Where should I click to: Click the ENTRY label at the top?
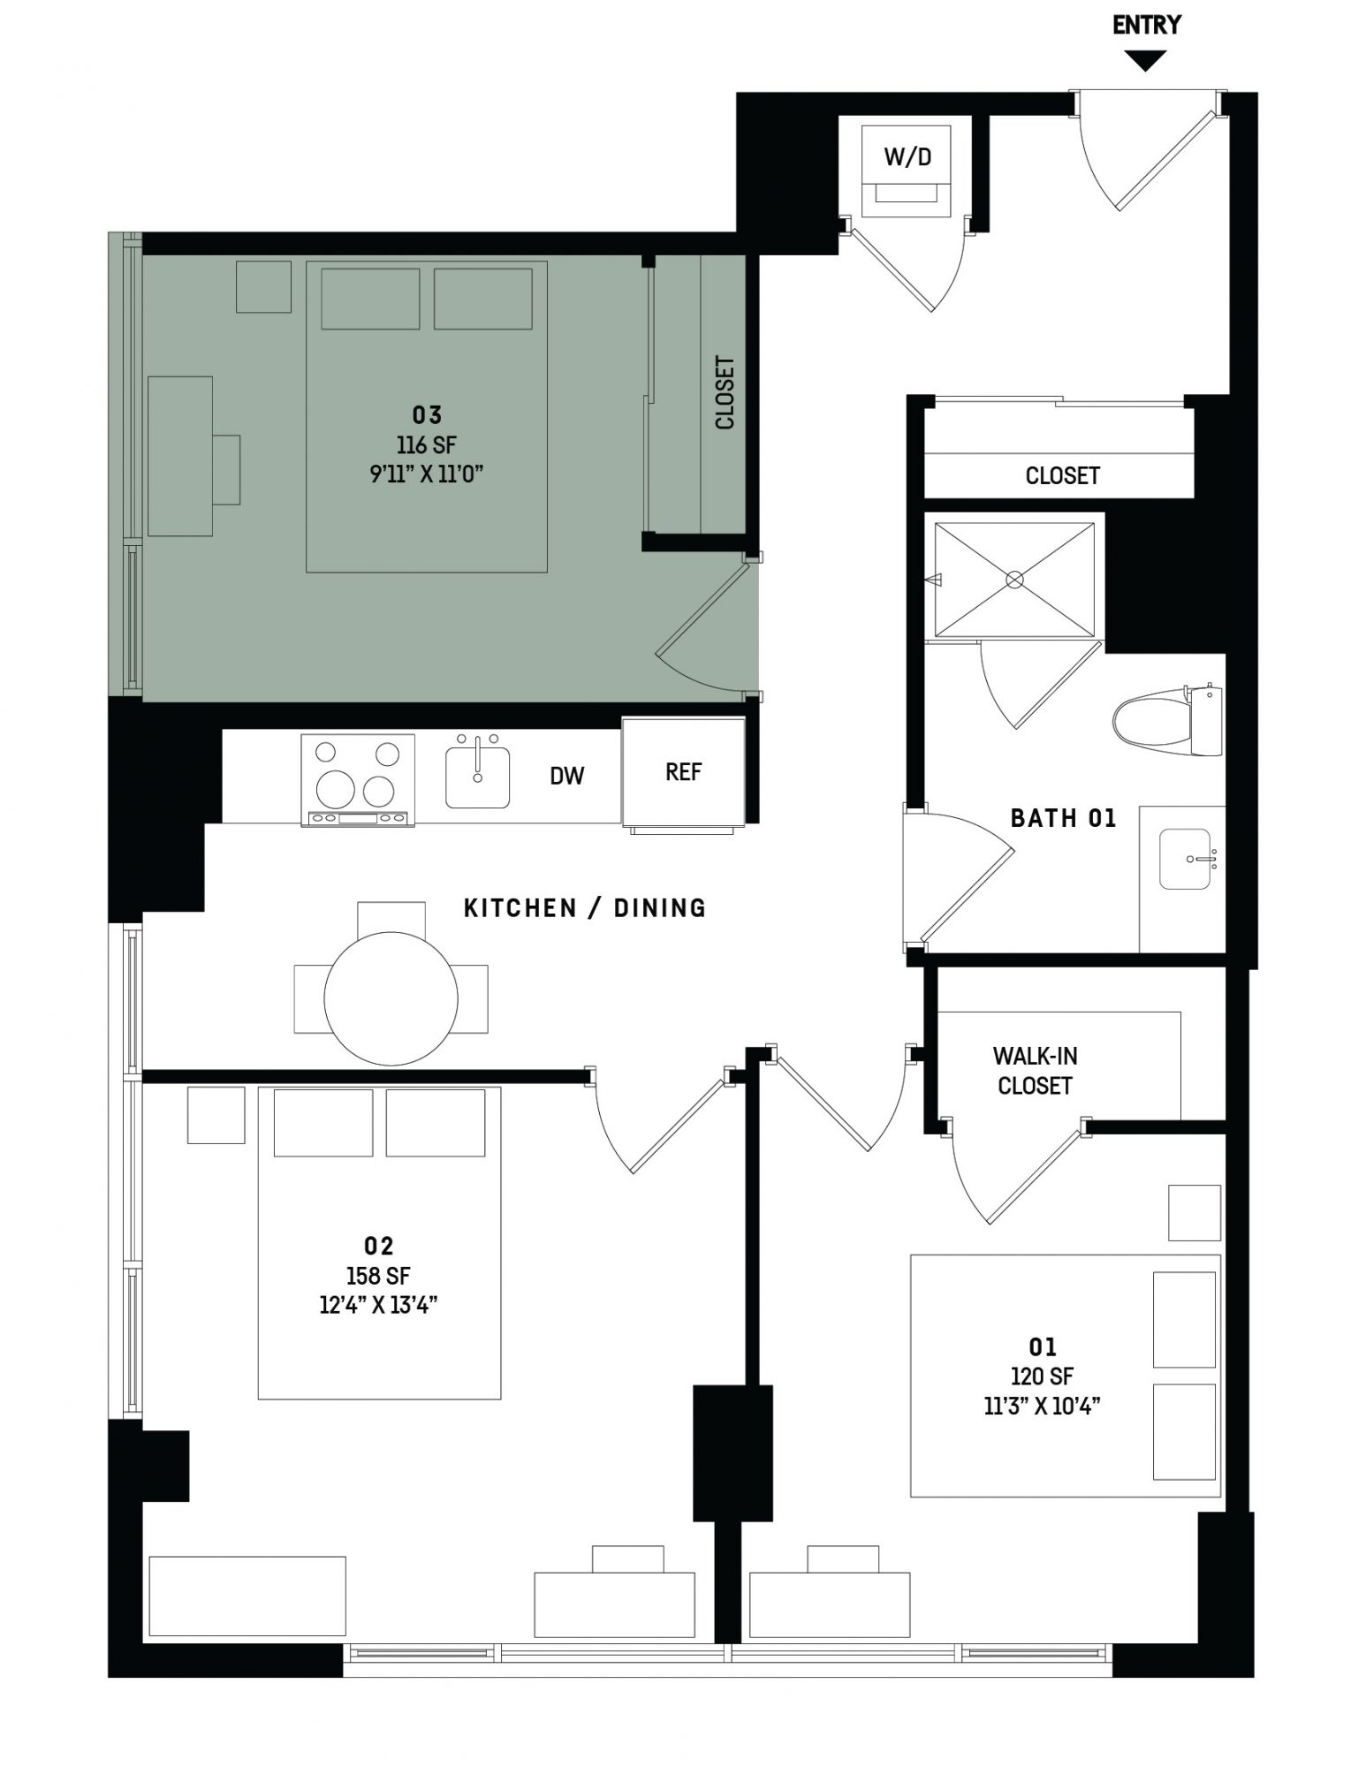1146,26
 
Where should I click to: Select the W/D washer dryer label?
907,157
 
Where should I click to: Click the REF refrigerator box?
683,772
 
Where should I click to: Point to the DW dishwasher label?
566,776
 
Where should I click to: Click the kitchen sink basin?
477,777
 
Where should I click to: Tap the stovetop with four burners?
358,780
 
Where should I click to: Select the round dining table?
391,998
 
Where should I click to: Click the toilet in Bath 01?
1167,719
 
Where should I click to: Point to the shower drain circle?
1014,580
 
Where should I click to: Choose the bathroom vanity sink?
1185,859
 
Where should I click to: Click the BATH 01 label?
1063,818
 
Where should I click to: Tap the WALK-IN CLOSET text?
1035,1071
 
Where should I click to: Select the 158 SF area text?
378,1276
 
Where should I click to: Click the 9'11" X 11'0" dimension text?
427,474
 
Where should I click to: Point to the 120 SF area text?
1043,1376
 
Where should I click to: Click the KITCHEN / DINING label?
585,908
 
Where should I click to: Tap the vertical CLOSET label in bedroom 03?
725,393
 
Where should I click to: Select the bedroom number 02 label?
378,1247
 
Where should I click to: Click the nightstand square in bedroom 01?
1195,1213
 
